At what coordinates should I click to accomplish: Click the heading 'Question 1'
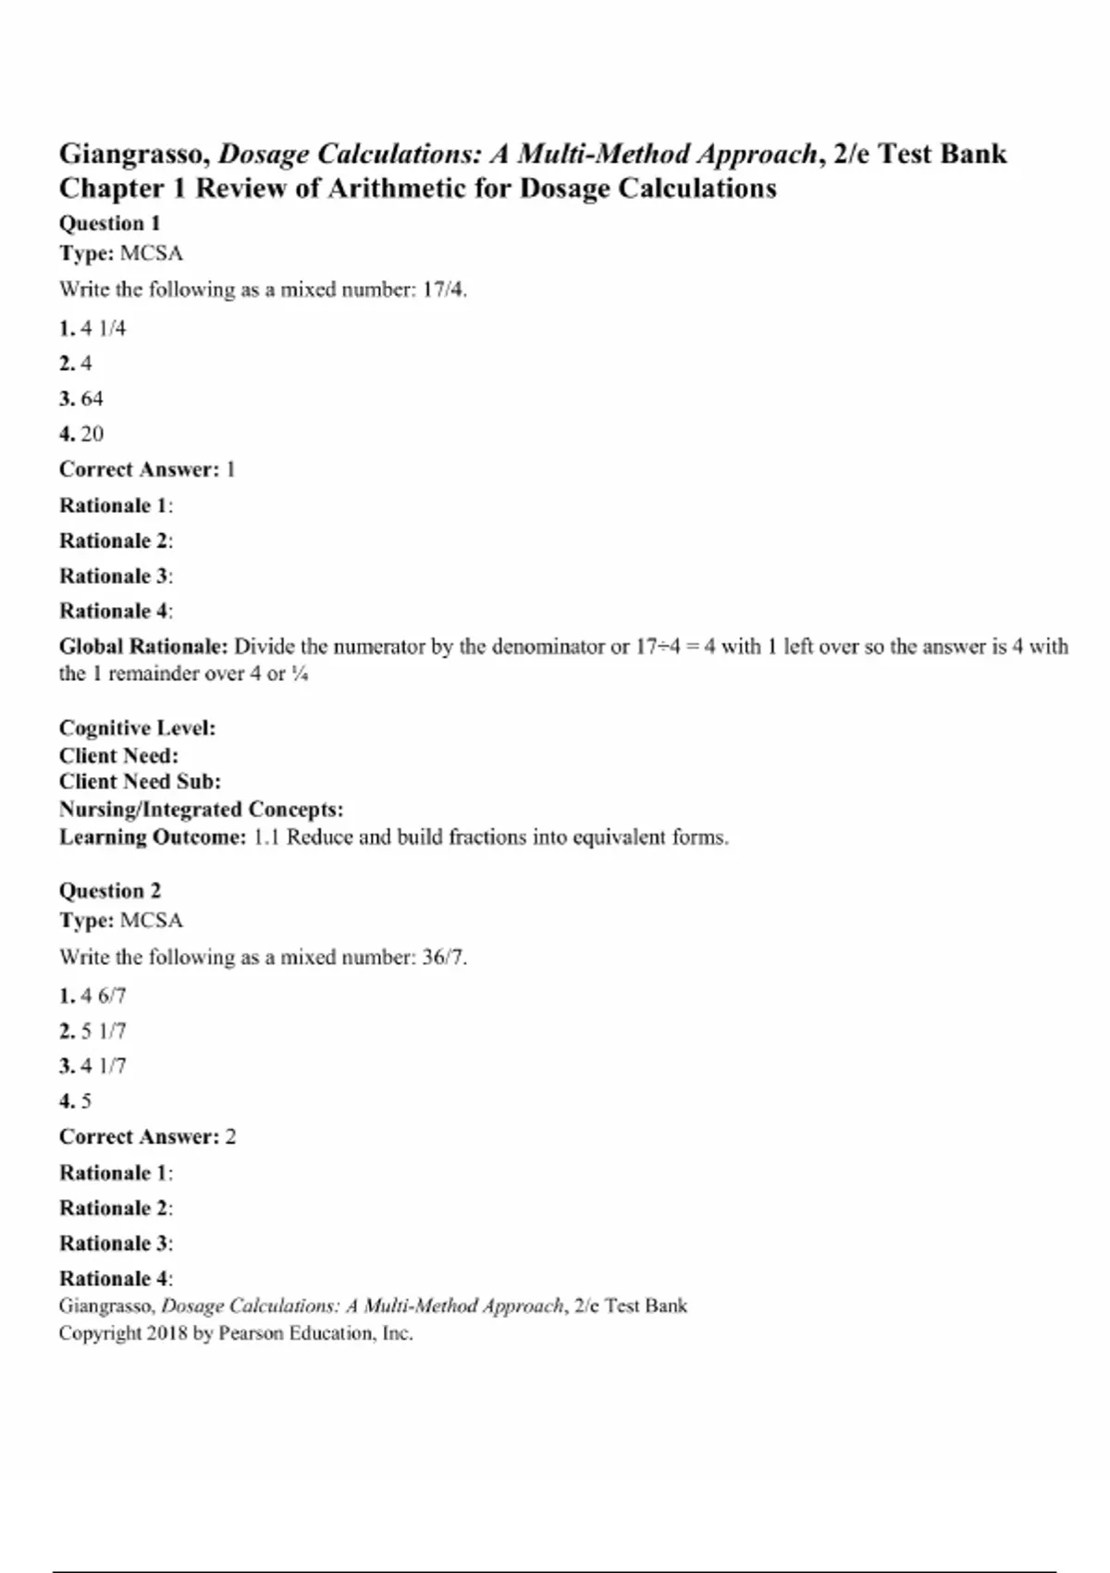coord(109,223)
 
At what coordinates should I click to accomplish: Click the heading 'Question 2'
coord(109,891)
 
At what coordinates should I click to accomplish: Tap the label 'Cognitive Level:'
coord(137,728)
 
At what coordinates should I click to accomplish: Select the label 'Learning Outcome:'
coord(153,837)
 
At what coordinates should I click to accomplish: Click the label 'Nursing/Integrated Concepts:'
coord(201,810)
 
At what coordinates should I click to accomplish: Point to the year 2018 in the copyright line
coord(166,1333)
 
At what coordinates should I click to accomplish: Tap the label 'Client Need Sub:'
coord(140,782)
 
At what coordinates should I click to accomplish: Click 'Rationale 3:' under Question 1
coord(116,576)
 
